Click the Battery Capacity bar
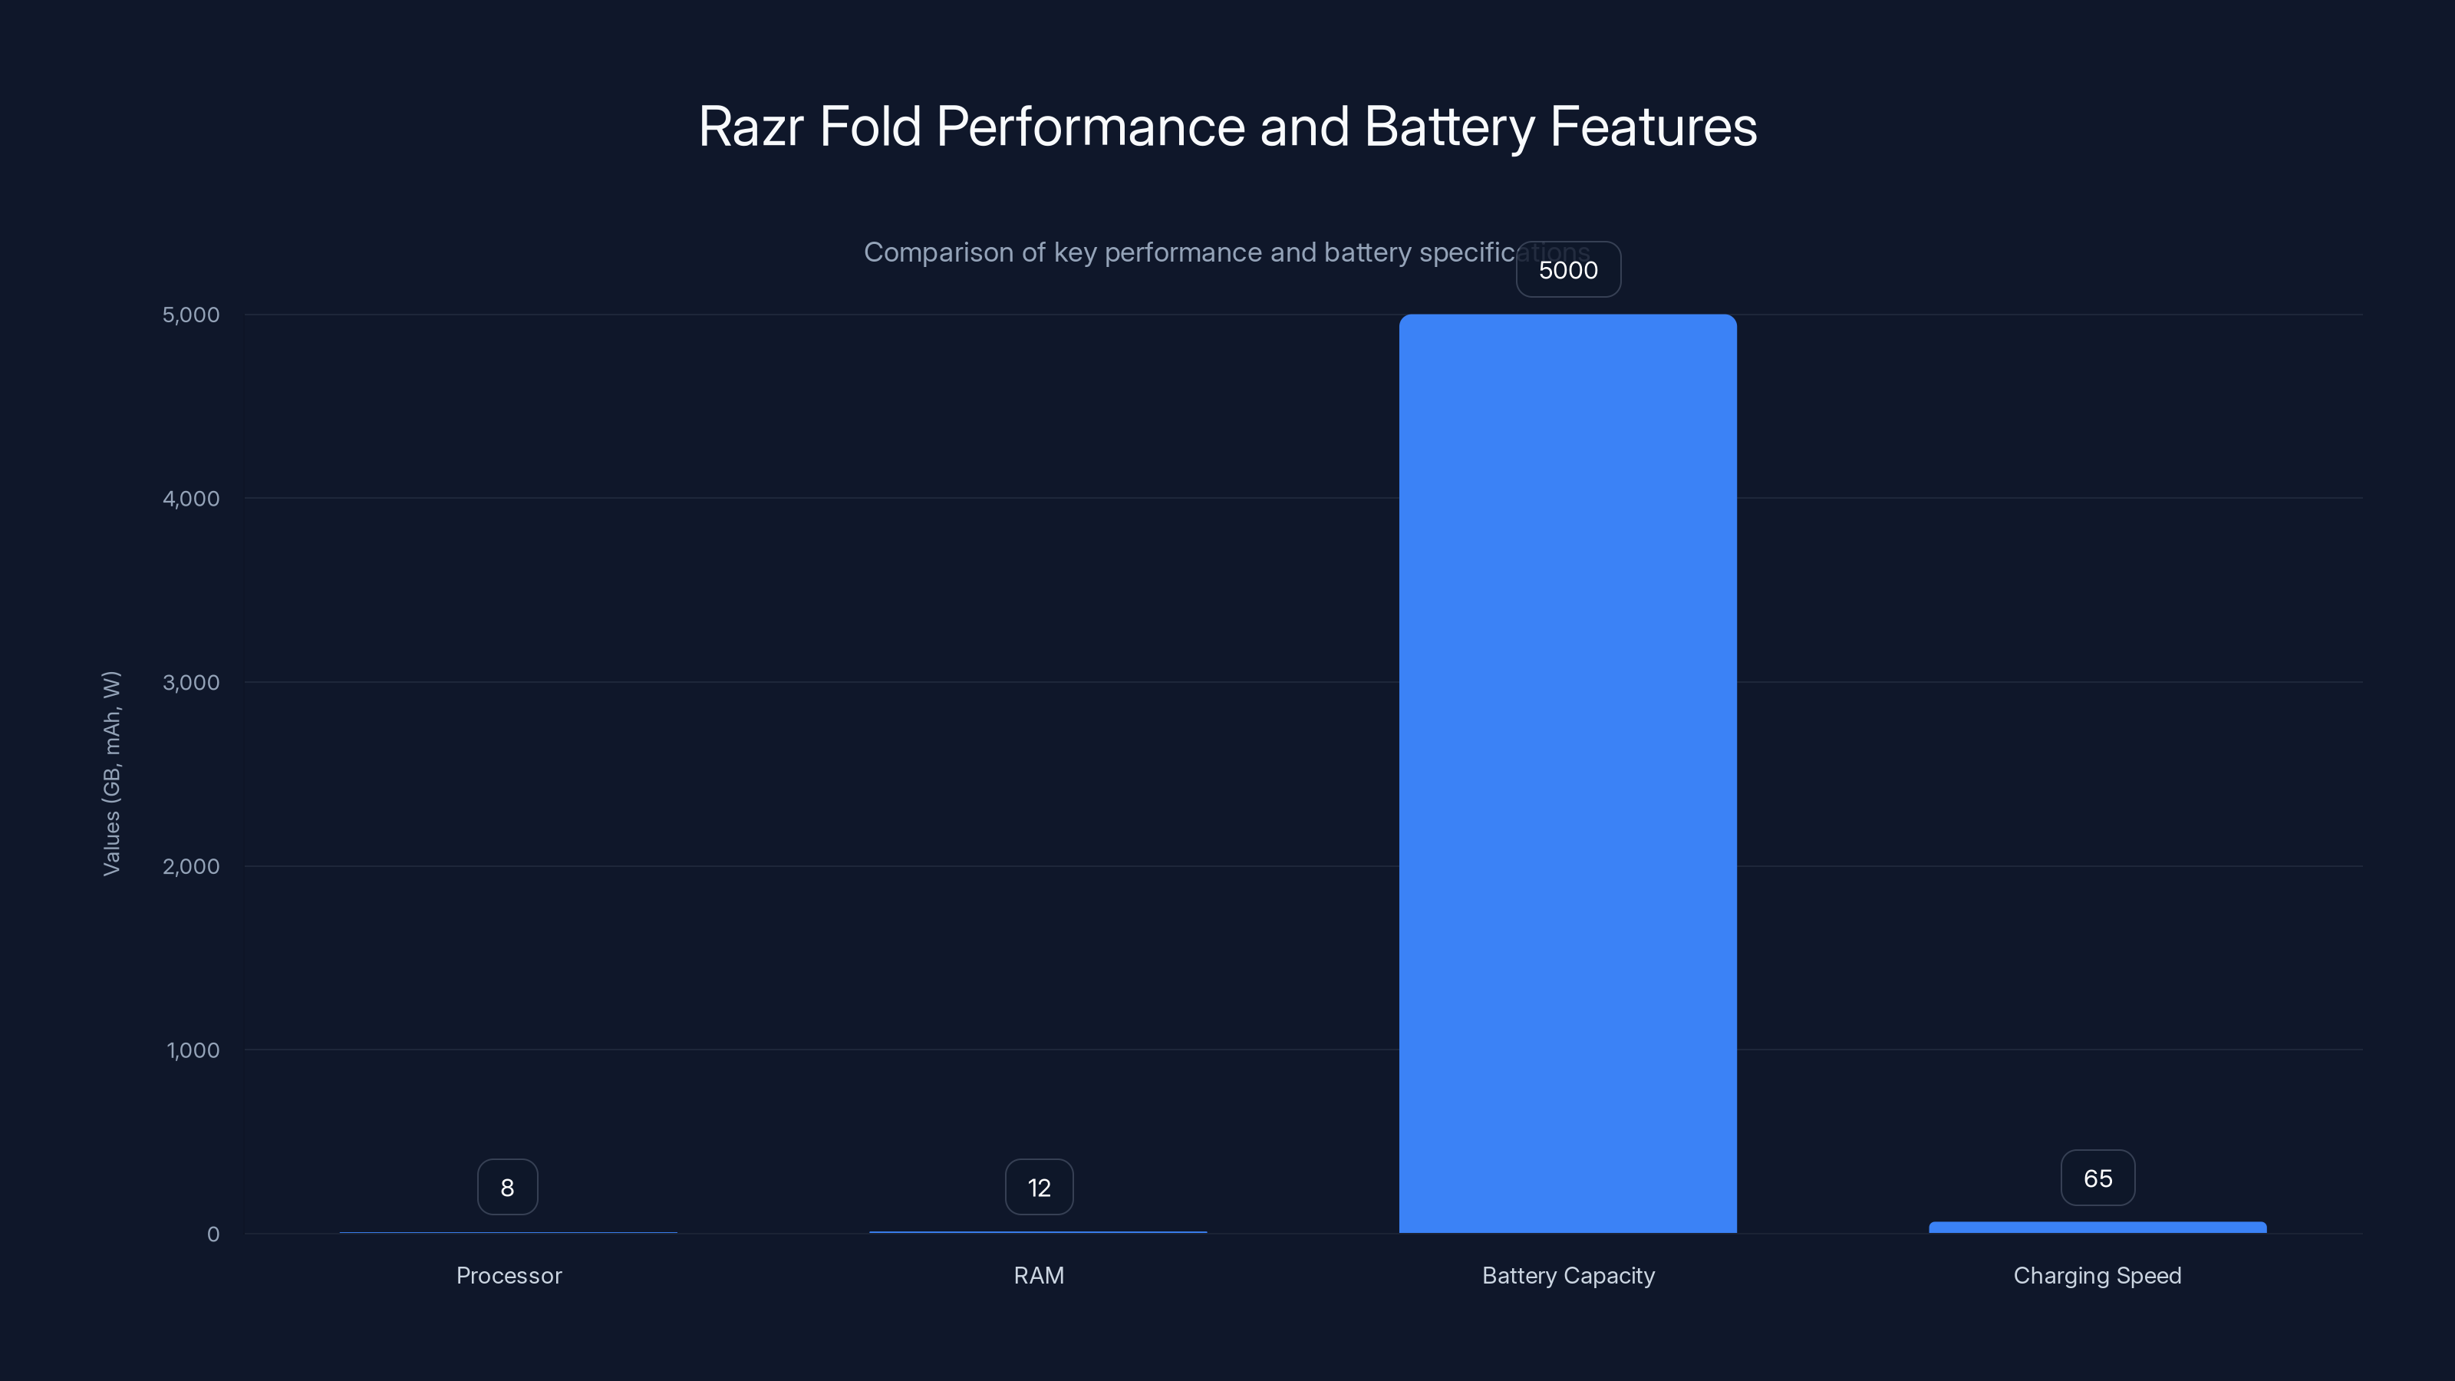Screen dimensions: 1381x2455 tap(1567, 772)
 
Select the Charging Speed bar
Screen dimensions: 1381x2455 tap(2097, 1228)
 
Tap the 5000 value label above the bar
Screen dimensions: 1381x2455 tap(1567, 270)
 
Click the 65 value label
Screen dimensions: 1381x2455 tap(2097, 1178)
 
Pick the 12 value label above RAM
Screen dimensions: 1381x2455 tap(1039, 1188)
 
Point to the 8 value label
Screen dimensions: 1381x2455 tap(507, 1188)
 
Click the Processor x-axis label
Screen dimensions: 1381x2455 tap(509, 1275)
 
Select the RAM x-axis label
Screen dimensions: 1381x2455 tap(1039, 1275)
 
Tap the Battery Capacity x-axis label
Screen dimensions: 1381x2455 tap(1567, 1275)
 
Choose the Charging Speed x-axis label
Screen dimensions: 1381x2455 tap(2097, 1275)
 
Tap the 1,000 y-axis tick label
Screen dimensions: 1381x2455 tap(193, 1050)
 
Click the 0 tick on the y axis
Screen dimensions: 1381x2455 tap(213, 1234)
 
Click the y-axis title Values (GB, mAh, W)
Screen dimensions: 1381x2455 tap(111, 773)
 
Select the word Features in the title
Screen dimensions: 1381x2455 tap(1653, 127)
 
